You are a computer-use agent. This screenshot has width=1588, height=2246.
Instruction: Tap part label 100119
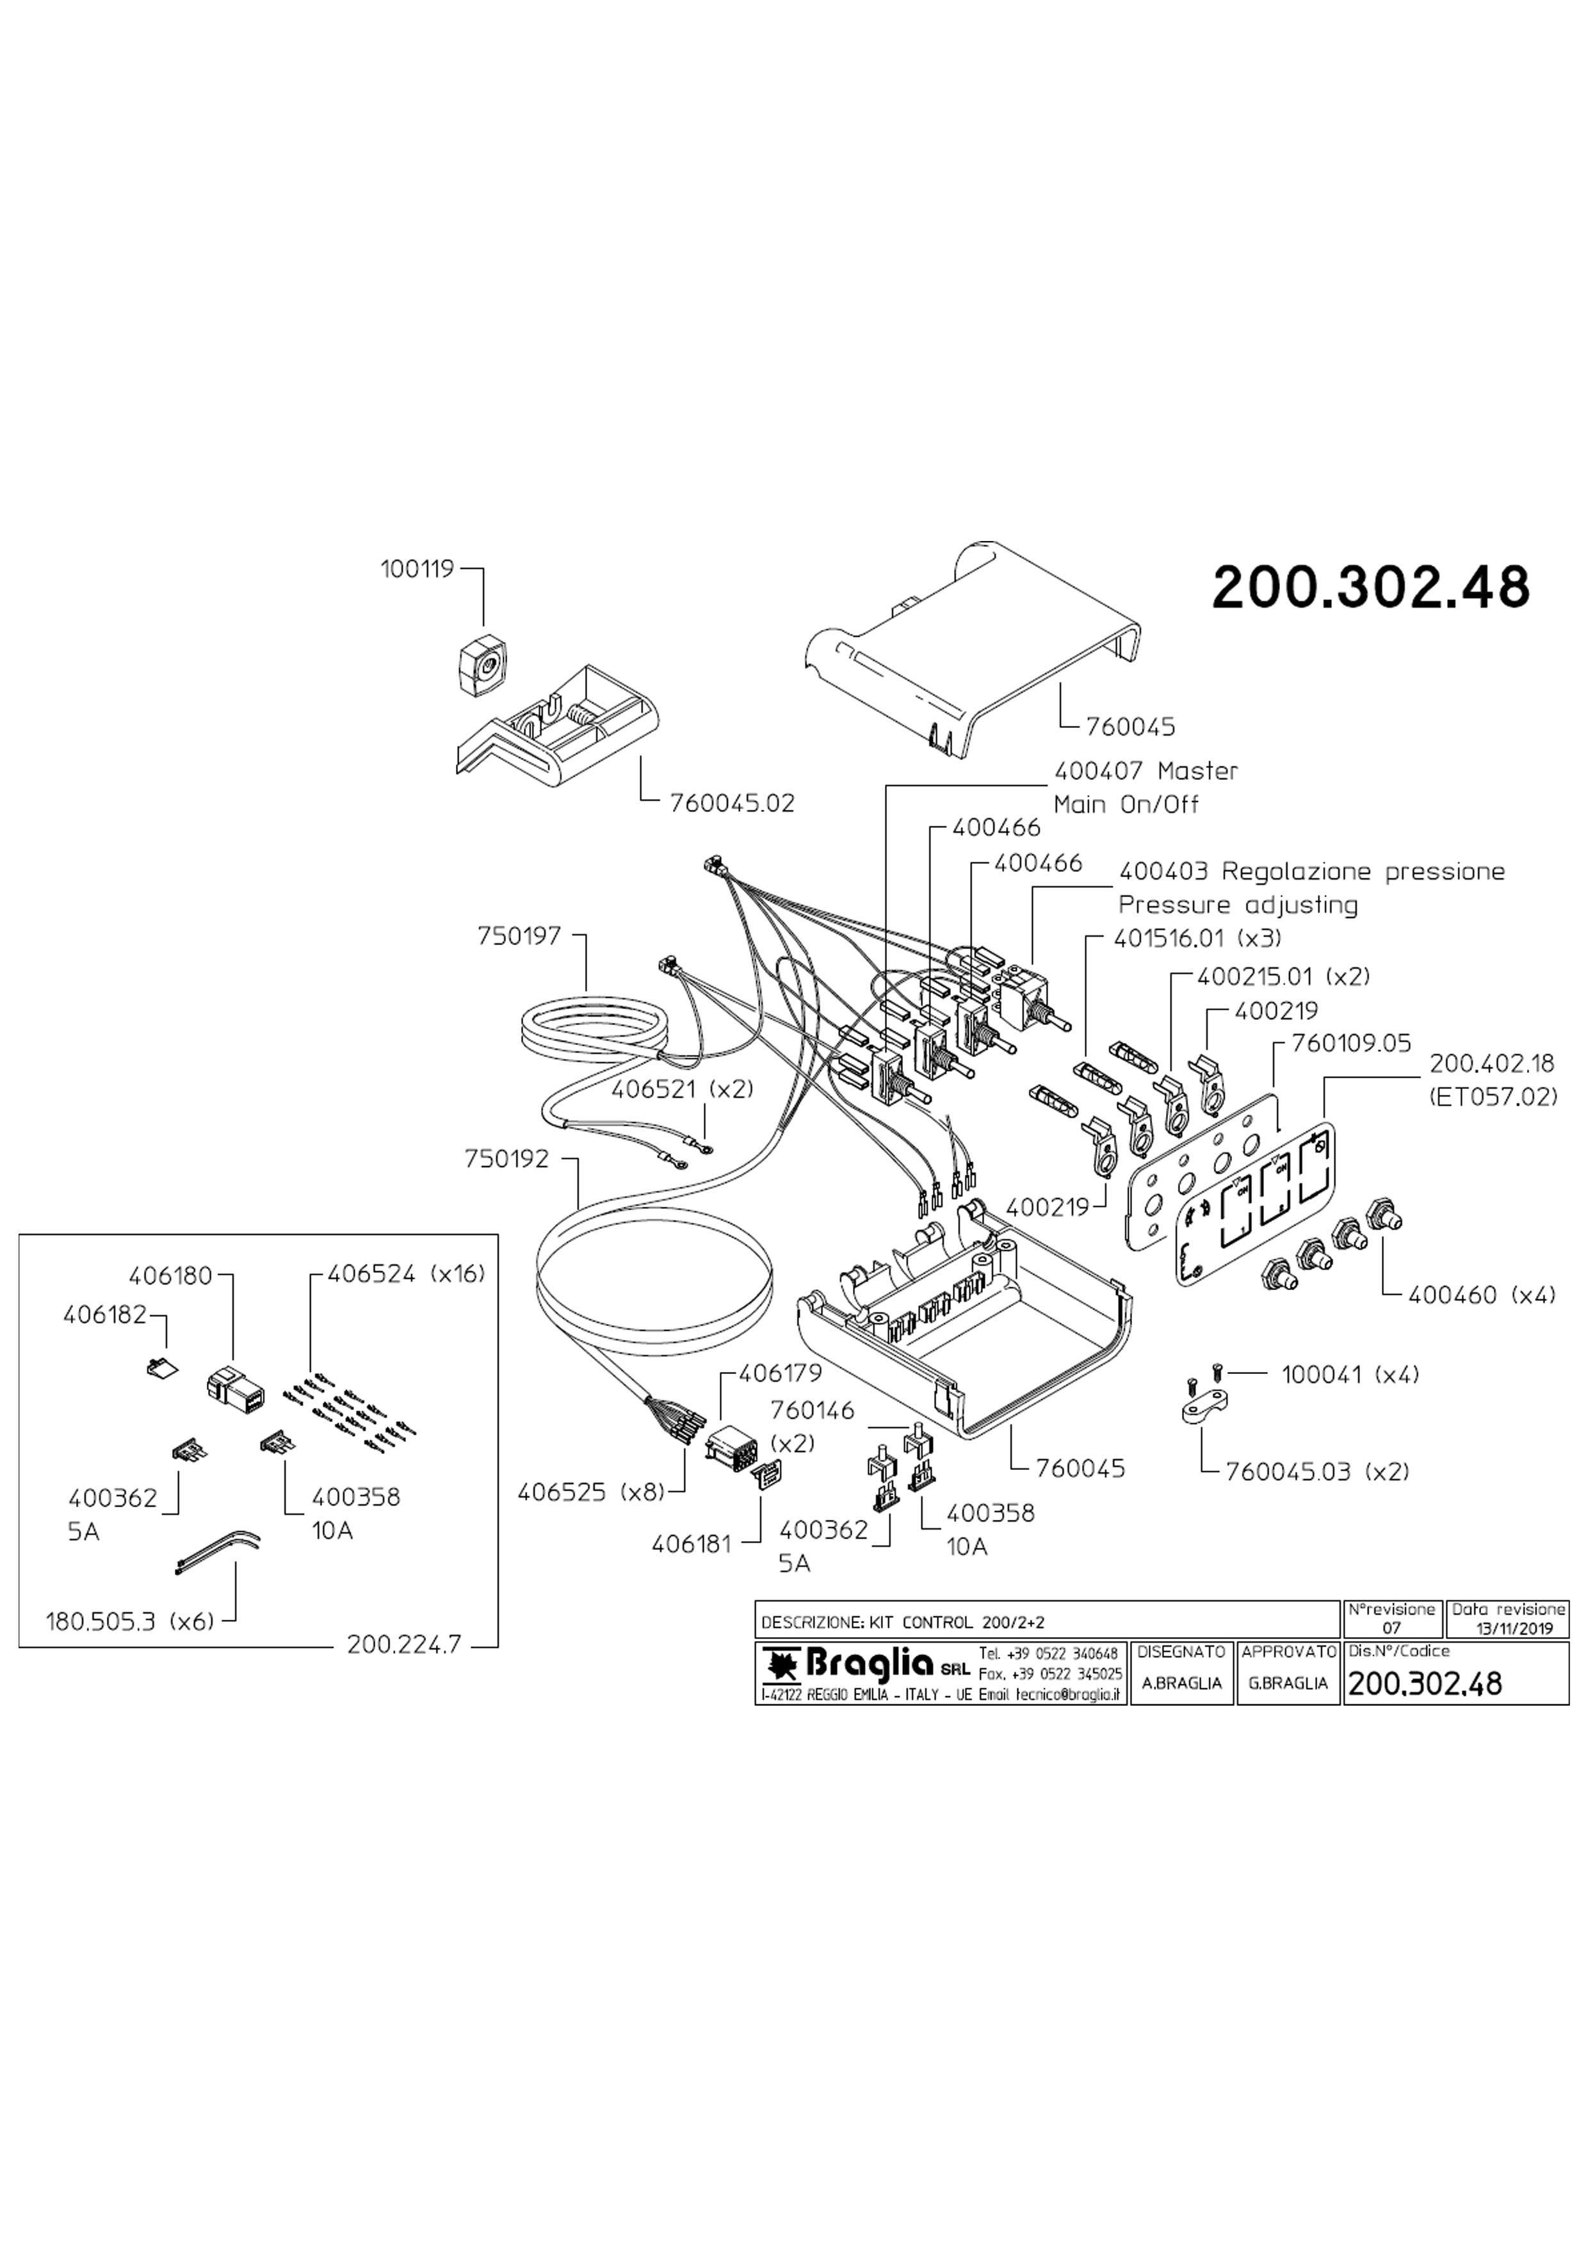417,569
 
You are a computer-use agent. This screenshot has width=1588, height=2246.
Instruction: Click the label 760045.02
733,804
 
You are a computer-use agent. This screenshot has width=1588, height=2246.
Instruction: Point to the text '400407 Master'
1146,772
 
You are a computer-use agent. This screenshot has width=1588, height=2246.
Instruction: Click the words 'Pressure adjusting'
1238,905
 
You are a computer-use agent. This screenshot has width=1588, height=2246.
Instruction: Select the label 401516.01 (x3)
1197,938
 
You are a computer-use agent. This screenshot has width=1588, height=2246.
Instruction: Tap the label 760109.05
1351,1044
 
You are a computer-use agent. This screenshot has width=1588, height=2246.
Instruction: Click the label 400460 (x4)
1481,1295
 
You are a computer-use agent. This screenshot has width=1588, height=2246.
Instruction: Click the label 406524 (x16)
406,1275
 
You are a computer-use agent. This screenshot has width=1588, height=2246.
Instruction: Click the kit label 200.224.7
403,1645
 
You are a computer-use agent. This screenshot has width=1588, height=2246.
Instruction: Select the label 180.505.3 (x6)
129,1622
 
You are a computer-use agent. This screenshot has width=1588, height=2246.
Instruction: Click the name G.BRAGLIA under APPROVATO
1288,1683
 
